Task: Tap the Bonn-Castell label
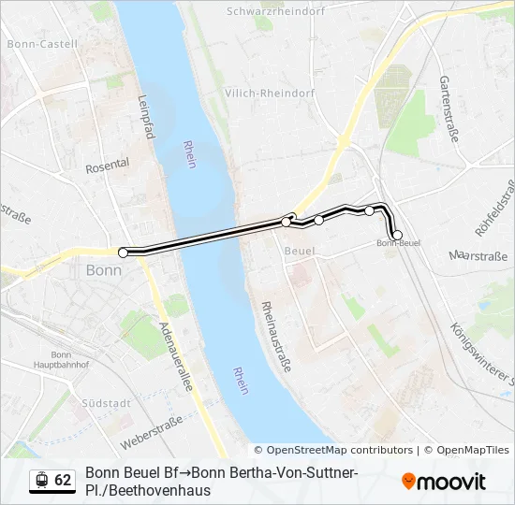click(x=33, y=43)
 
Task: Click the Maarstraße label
click(x=478, y=255)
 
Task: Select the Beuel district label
click(x=299, y=252)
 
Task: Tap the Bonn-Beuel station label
click(x=398, y=244)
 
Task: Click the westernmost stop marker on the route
click(x=123, y=252)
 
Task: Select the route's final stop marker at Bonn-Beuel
click(x=398, y=235)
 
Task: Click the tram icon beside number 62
click(x=41, y=480)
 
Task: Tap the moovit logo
click(x=444, y=482)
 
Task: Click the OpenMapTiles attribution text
click(x=473, y=450)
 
